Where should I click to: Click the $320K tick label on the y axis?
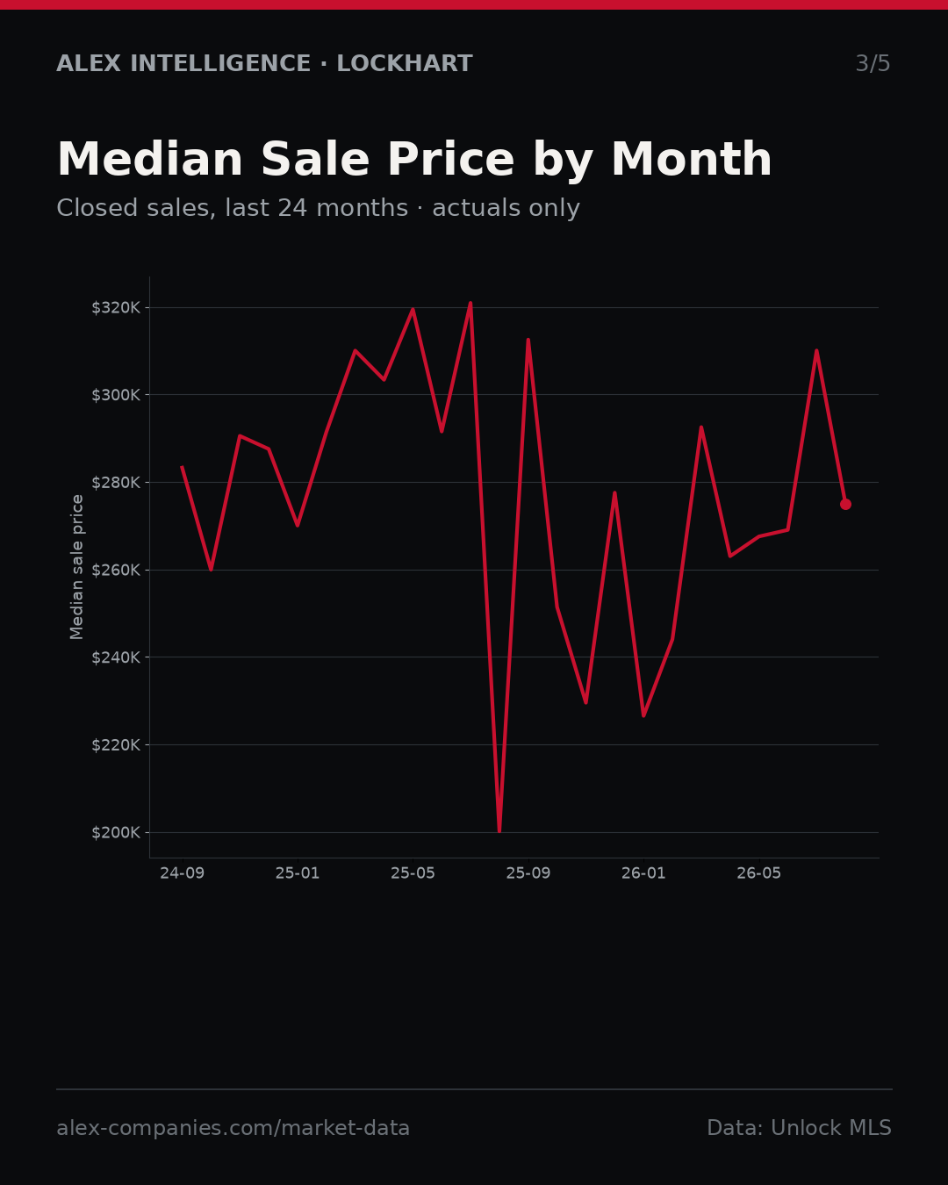[116, 308]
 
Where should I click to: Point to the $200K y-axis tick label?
[116, 833]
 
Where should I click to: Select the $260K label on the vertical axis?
[116, 570]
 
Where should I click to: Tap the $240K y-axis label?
[116, 657]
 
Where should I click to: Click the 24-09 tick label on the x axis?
[183, 873]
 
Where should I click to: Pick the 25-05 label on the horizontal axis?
[413, 873]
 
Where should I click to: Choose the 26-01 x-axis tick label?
[644, 873]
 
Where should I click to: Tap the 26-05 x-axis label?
[759, 873]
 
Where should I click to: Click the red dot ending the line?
[845, 505]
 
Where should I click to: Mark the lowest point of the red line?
[499, 831]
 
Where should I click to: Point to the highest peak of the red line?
[470, 303]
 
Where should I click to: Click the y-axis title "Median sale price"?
[76, 567]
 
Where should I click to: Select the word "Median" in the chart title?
[150, 159]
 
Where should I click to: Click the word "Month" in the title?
[692, 159]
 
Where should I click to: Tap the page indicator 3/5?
[873, 63]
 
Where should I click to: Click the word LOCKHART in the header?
[405, 63]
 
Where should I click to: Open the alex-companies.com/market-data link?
[233, 1128]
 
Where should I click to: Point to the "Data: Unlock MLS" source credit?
[800, 1128]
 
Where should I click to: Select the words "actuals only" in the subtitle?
[506, 208]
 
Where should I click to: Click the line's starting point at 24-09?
[183, 467]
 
